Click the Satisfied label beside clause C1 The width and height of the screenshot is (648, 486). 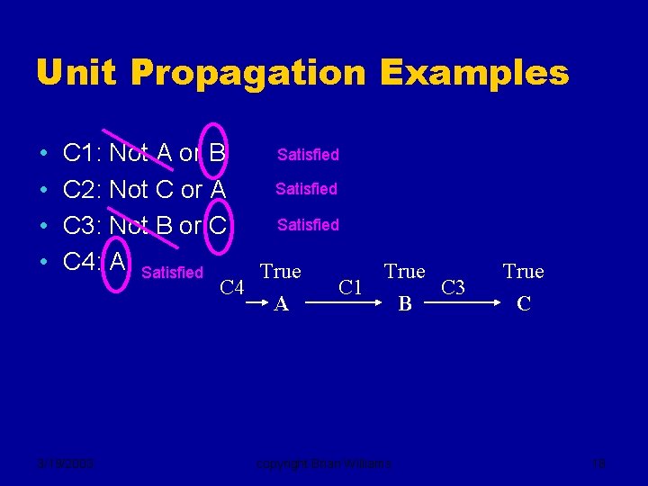[x=308, y=155]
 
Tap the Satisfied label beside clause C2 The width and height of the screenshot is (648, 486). [x=306, y=189]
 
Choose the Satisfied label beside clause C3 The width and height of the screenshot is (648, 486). [x=308, y=225]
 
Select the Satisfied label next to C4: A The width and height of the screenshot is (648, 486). [x=173, y=272]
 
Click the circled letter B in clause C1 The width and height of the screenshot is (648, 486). [x=217, y=154]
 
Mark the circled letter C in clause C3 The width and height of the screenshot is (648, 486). [x=217, y=226]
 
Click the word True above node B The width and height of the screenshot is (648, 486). [x=405, y=271]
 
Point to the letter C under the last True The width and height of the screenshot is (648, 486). [x=524, y=304]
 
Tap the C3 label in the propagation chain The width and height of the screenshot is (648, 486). [x=454, y=288]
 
